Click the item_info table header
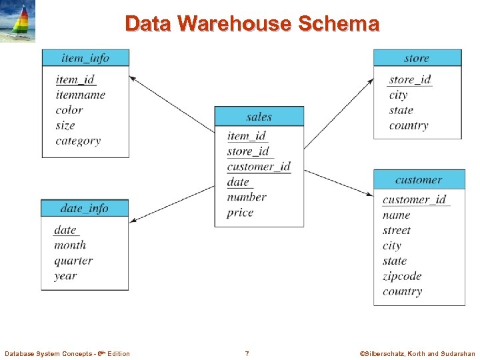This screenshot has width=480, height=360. pyautogui.click(x=85, y=58)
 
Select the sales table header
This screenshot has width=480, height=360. pyautogui.click(x=259, y=117)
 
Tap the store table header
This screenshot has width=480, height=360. pyautogui.click(x=417, y=58)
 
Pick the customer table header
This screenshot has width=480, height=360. pyautogui.click(x=418, y=180)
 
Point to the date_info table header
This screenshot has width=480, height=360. pyautogui.click(x=84, y=208)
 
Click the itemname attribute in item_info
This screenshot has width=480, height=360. pyautogui.click(x=81, y=95)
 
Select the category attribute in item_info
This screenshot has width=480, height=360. pyautogui.click(x=78, y=141)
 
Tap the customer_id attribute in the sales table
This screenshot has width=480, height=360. pyautogui.click(x=259, y=167)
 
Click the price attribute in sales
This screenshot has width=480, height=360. pyautogui.click(x=240, y=213)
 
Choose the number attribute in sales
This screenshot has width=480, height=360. pyautogui.click(x=246, y=197)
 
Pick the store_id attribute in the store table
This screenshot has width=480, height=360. pyautogui.click(x=409, y=80)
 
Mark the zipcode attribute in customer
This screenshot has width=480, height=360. pyautogui.click(x=402, y=276)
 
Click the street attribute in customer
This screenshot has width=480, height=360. pyautogui.click(x=397, y=231)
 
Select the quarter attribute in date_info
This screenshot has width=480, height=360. pyautogui.click(x=73, y=261)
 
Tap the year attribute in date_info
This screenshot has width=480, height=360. pyautogui.click(x=65, y=276)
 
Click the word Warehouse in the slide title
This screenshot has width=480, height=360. pyautogui.click(x=235, y=24)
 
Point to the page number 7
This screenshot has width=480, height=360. pyautogui.click(x=247, y=353)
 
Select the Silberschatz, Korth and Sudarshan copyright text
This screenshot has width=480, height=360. pyautogui.click(x=417, y=353)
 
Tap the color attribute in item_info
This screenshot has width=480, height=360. pyautogui.click(x=69, y=110)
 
